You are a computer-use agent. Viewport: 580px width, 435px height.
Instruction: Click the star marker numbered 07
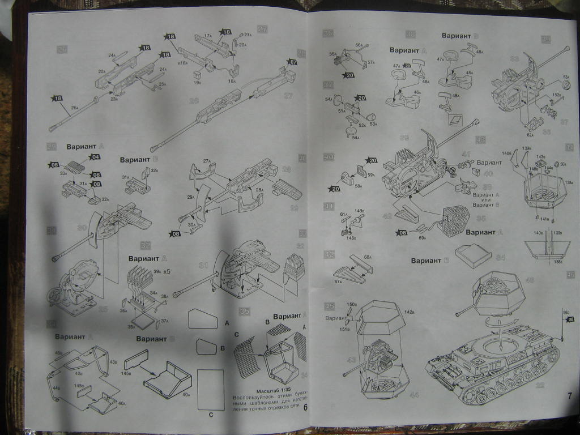pyautogui.click(x=292, y=61)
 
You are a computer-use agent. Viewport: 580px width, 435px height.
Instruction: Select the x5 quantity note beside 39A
pyautogui.click(x=167, y=272)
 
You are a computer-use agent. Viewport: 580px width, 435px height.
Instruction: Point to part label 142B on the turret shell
pyautogui.click(x=410, y=312)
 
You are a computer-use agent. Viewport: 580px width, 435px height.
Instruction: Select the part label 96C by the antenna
pyautogui.click(x=566, y=311)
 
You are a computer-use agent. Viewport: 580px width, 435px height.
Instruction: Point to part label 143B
pyautogui.click(x=541, y=157)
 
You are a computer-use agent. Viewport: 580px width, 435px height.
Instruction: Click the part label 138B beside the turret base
pyautogui.click(x=568, y=183)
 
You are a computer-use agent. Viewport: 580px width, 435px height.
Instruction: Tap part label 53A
pyautogui.click(x=373, y=123)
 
